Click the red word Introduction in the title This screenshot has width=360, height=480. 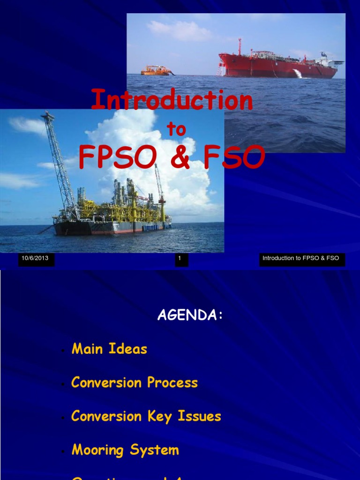pyautogui.click(x=172, y=100)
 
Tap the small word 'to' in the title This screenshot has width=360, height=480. pyautogui.click(x=176, y=130)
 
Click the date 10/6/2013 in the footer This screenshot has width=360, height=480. pyautogui.click(x=35, y=258)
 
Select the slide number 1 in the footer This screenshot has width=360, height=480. pyautogui.click(x=180, y=258)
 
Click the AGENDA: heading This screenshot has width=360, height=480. pyautogui.click(x=190, y=315)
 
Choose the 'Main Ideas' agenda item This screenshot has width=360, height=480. pyautogui.click(x=109, y=349)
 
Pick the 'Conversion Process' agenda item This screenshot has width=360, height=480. pyautogui.click(x=134, y=382)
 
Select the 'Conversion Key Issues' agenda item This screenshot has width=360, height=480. pyautogui.click(x=146, y=416)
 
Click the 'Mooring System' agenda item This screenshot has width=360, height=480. pyautogui.click(x=125, y=450)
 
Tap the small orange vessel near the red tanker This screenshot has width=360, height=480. pyautogui.click(x=156, y=71)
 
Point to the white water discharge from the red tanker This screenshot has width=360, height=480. pyautogui.click(x=297, y=74)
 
